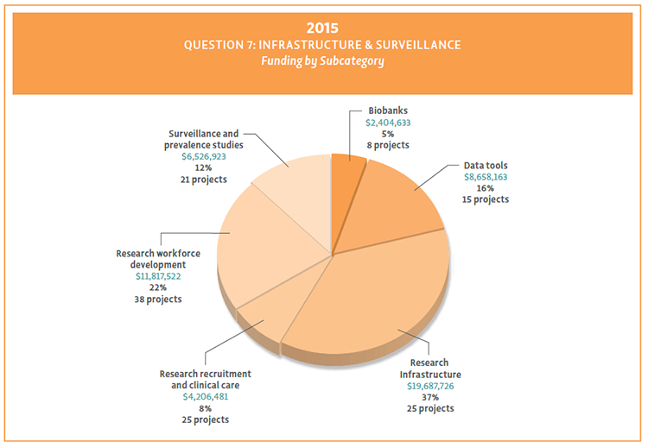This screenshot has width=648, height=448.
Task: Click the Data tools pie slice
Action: pos(397,207)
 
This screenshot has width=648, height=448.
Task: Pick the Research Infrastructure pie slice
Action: pos(372,302)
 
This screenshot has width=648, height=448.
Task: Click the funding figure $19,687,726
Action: pos(429,386)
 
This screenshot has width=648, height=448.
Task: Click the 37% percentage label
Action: pos(429,397)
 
